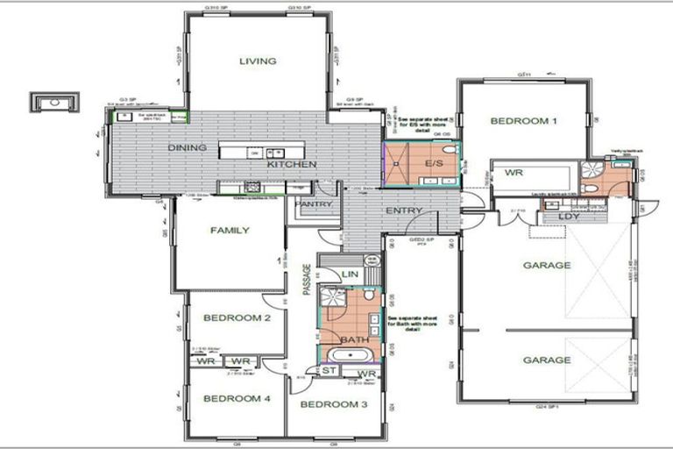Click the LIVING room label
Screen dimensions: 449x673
pyautogui.click(x=258, y=61)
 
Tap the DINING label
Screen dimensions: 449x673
pyautogui.click(x=187, y=148)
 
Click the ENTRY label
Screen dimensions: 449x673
pyautogui.click(x=403, y=211)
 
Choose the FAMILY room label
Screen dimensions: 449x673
pyautogui.click(x=230, y=231)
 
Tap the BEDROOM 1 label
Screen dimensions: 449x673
pyautogui.click(x=523, y=121)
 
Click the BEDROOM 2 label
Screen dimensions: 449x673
pyautogui.click(x=237, y=318)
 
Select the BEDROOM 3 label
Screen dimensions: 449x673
pyautogui.click(x=334, y=404)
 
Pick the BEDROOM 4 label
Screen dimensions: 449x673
pyautogui.click(x=237, y=399)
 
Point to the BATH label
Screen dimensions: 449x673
pyautogui.click(x=354, y=339)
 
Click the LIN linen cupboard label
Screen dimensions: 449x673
pyautogui.click(x=350, y=275)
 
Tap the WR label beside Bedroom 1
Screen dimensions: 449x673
pyautogui.click(x=514, y=173)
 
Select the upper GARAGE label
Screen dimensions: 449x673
pyautogui.click(x=547, y=266)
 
